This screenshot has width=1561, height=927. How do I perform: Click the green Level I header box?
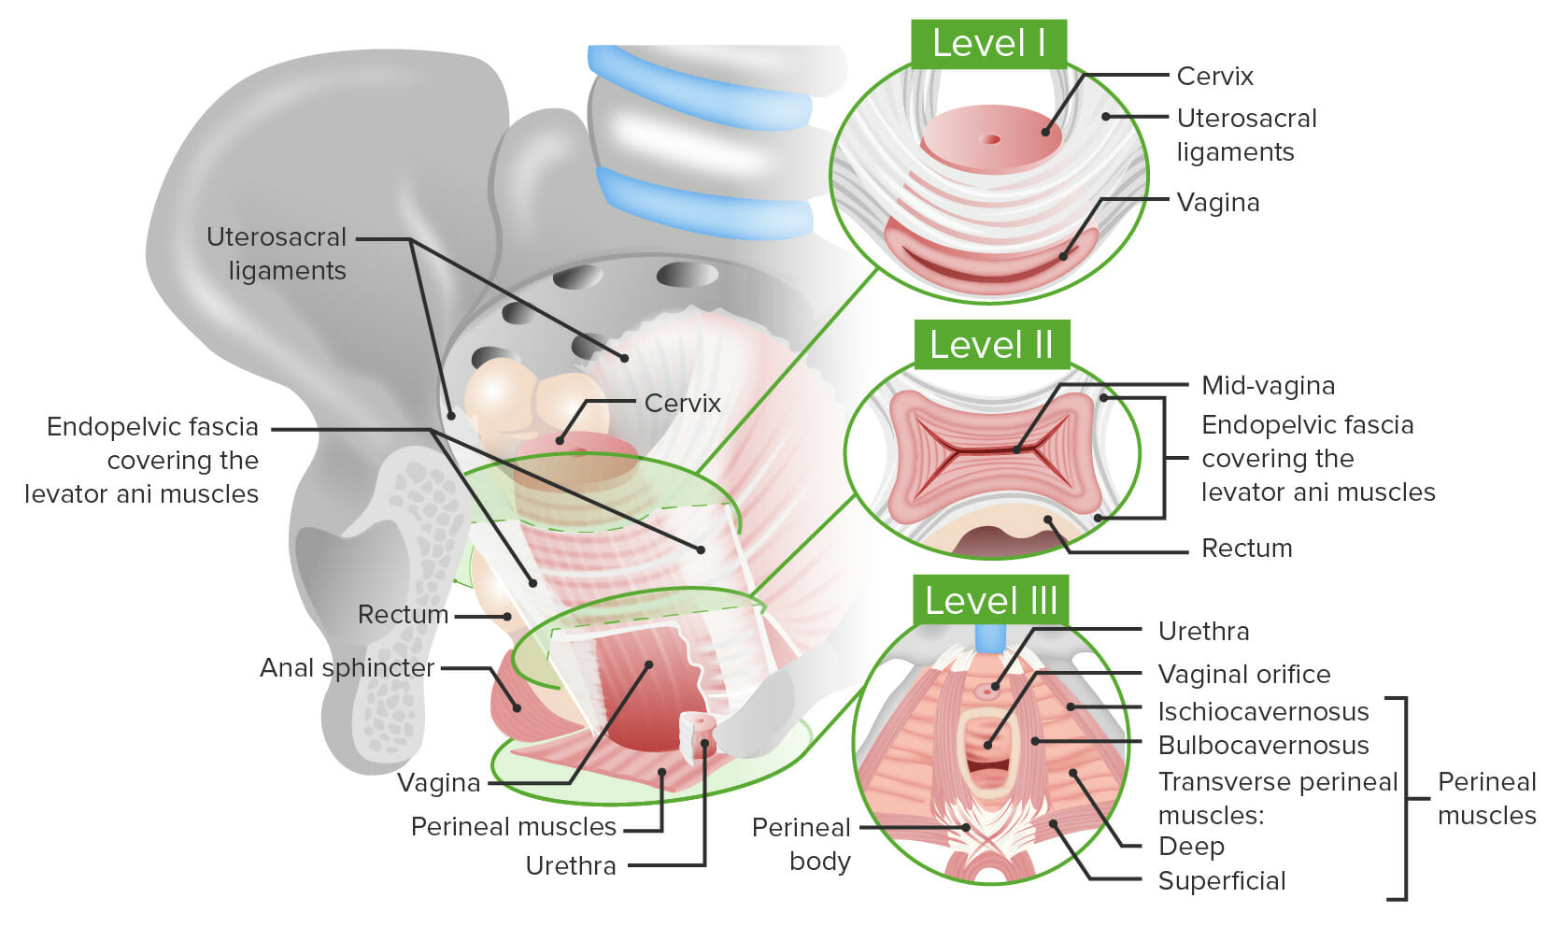coord(988,44)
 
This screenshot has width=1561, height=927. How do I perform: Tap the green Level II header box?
coord(991,345)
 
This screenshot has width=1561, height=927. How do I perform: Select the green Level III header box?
coord(990,600)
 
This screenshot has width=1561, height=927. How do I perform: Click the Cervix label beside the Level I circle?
coord(1214,77)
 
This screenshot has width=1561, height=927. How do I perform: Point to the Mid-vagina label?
coord(1268,385)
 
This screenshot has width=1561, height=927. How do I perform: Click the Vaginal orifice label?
coord(1243,674)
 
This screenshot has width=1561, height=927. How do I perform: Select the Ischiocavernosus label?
coord(1263,711)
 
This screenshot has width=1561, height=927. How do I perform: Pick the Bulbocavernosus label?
coord(1263,745)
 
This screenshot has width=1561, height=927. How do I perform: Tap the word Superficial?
coord(1222,880)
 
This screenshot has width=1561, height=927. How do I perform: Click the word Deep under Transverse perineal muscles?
coord(1191,846)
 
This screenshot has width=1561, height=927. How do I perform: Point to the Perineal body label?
coord(802,844)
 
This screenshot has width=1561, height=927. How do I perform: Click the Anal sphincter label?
coord(347,667)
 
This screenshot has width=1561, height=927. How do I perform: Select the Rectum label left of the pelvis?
coord(403,614)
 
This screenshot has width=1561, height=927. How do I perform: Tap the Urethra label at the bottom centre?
coord(571,865)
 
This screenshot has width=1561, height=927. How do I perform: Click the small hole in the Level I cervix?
coord(990,140)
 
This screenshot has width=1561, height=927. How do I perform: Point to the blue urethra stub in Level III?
coord(990,637)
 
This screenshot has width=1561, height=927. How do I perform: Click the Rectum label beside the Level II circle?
coord(1246,548)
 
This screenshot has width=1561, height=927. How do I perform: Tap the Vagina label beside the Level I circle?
coord(1218,202)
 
